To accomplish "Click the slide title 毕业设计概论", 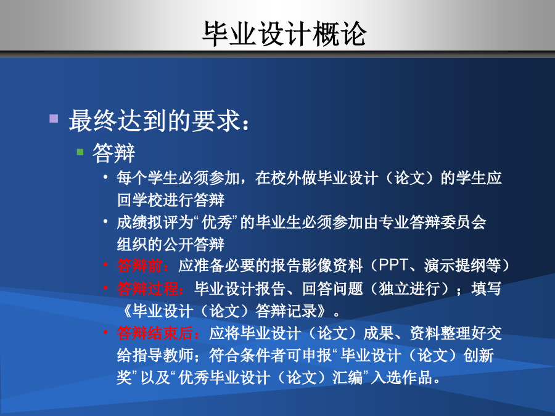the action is (x=284, y=34).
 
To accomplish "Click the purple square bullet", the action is (x=54, y=118).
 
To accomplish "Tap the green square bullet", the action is (x=80, y=152).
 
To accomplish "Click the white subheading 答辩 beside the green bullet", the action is (x=113, y=153).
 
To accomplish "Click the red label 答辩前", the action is (x=139, y=266).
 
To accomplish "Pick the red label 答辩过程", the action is (x=147, y=288).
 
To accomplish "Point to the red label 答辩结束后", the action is (x=155, y=333).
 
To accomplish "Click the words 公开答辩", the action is (x=194, y=245).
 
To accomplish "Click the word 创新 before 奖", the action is (x=479, y=356).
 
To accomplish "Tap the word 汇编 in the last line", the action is (x=347, y=378).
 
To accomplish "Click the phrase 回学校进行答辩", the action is (x=171, y=200).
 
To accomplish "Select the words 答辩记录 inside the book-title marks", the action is (x=286, y=311).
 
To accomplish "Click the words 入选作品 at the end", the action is (x=401, y=378).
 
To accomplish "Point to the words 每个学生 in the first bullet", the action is (x=147, y=177).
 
